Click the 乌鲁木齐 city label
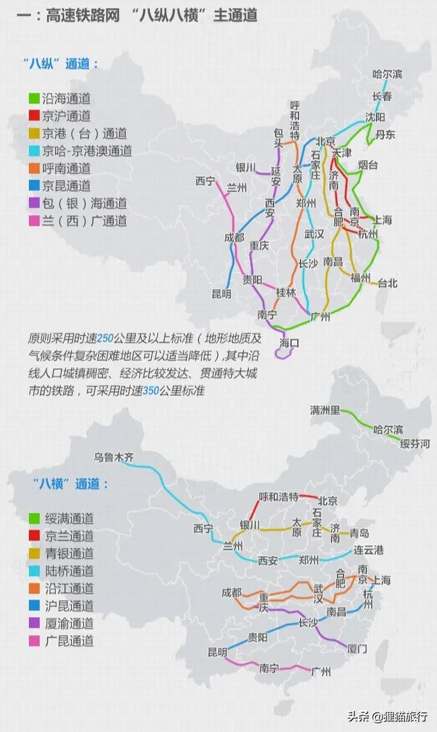coord(114,457)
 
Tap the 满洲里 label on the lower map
coord(325,410)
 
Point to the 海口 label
coord(288,343)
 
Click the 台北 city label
coord(388,282)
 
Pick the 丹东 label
coord(385,134)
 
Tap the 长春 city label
coord(382,96)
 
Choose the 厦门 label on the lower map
coord(357,649)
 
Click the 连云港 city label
coord(368,551)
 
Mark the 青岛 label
coord(359,534)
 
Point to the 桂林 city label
coord(286,292)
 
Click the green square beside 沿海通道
coord(33,98)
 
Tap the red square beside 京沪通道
coord(33,116)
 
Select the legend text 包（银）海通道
coord(84,203)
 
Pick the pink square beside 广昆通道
coord(33,641)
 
